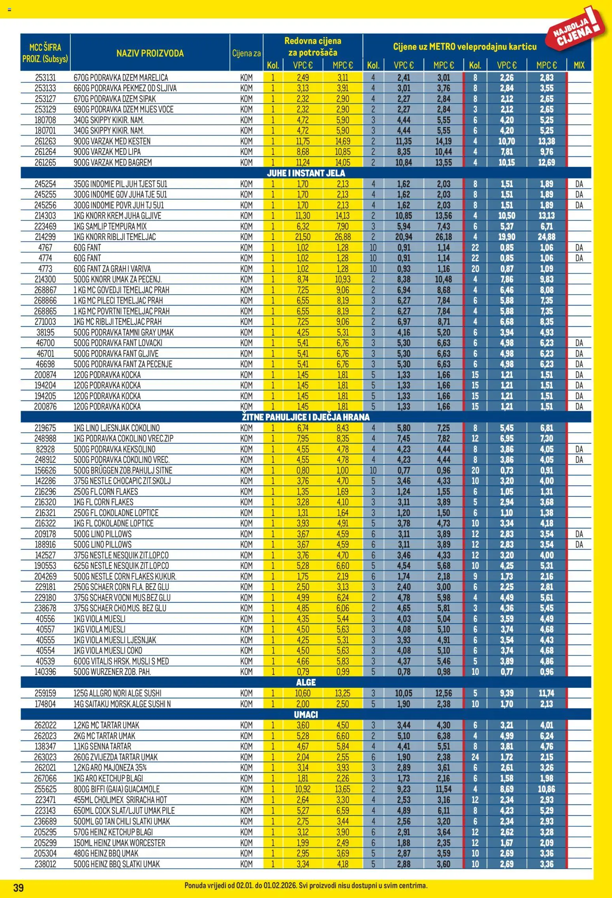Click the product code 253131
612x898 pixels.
pos(45,78)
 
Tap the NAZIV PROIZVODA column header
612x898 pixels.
pos(150,53)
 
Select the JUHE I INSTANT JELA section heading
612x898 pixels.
pos(306,173)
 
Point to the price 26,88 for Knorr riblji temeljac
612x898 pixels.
pos(343,237)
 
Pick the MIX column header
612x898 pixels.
pos(579,65)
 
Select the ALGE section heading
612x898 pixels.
pos(306,682)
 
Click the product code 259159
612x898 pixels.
pos(45,693)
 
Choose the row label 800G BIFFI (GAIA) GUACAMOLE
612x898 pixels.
pos(116,789)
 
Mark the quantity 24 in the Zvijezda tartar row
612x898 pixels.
pos(475,757)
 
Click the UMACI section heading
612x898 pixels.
pos(306,715)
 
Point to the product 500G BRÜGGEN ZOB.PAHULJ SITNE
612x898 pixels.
pos(123,470)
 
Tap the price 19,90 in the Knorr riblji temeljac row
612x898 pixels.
pos(507,237)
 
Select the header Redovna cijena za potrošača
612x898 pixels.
pos(313,46)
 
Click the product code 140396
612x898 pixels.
pos(45,672)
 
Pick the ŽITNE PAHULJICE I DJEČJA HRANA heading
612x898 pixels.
pos(306,417)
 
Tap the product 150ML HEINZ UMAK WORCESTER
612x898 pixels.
pos(119,842)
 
